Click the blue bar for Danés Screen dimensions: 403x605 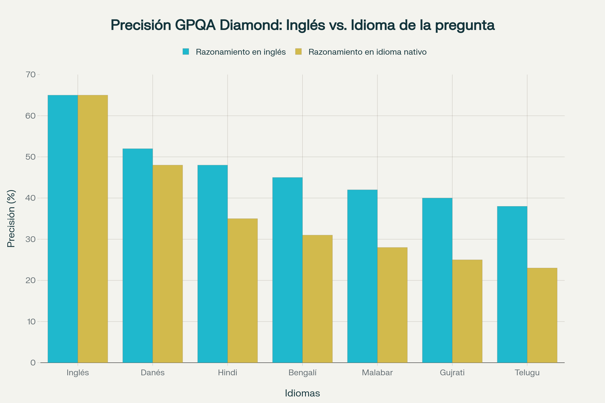138,256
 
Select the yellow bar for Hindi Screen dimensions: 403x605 243,291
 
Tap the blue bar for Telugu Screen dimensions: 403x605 512,285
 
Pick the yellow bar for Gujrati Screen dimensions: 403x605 467,311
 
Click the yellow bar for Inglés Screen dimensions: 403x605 93,229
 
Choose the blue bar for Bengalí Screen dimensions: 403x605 287,270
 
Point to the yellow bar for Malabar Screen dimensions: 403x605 392,305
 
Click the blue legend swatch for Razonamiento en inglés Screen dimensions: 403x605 186,52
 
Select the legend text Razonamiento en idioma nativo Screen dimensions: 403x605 367,52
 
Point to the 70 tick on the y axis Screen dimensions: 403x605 31,75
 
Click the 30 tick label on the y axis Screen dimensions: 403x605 31,239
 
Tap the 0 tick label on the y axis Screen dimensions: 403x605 33,363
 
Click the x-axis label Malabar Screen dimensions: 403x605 377,373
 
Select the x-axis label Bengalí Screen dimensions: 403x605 302,373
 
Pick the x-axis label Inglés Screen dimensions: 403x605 78,373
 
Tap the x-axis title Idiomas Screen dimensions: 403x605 302,393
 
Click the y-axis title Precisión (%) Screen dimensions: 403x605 11,219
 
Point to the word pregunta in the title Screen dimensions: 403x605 465,25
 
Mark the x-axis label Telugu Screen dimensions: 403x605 527,373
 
